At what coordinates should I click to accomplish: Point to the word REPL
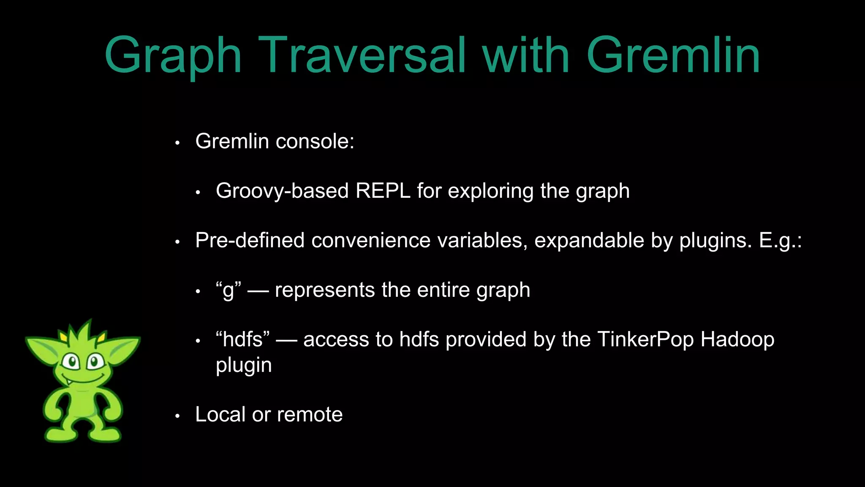click(383, 191)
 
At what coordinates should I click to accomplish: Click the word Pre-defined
click(250, 241)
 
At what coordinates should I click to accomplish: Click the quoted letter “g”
click(228, 290)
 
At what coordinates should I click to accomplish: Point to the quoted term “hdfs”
click(242, 339)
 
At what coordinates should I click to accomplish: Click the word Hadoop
click(737, 339)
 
